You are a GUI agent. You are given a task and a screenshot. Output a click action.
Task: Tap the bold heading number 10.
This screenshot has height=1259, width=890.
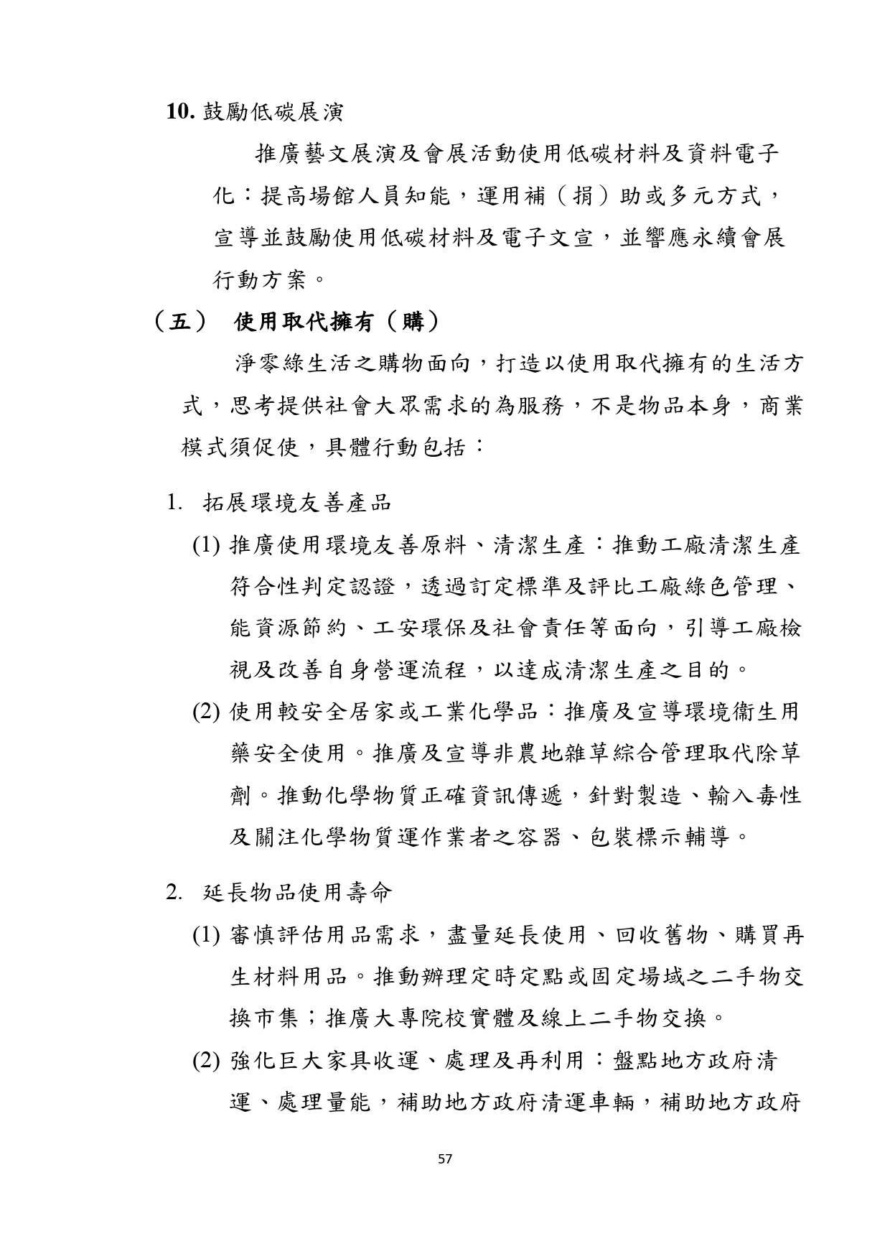[182, 112]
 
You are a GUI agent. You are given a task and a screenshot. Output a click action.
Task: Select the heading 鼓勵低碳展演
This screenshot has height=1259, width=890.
[273, 112]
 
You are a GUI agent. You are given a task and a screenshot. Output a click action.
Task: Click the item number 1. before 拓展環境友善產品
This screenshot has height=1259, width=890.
[174, 503]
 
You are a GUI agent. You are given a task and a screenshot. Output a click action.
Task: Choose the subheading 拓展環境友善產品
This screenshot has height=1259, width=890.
[297, 503]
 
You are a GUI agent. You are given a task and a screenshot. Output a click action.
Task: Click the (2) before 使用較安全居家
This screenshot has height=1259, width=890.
[205, 712]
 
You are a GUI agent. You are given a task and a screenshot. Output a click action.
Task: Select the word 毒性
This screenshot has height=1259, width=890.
[778, 796]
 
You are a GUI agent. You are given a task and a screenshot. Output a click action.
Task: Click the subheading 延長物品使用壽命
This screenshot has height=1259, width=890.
[297, 893]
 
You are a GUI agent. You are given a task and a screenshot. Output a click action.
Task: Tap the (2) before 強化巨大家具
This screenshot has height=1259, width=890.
[205, 1061]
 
